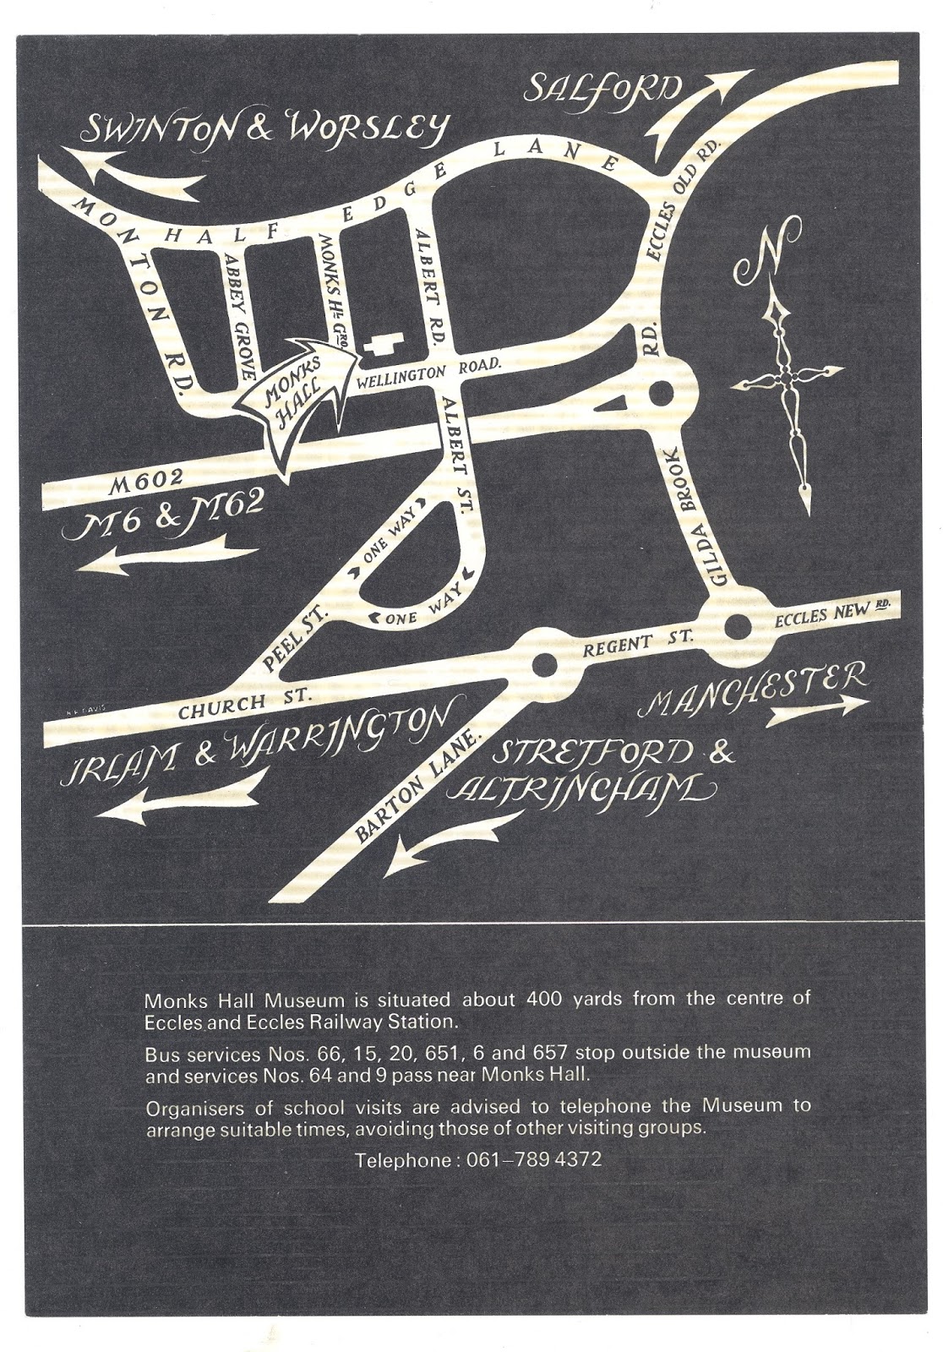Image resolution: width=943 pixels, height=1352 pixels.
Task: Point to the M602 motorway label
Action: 147,479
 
